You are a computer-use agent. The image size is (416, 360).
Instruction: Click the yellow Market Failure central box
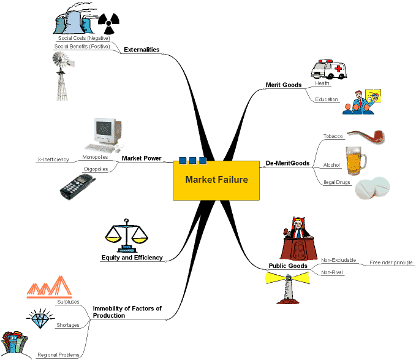tap(216, 180)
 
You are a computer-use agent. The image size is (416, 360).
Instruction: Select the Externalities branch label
tap(142, 50)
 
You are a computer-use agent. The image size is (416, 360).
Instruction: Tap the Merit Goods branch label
tap(283, 85)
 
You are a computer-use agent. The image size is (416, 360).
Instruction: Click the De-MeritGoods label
tap(287, 163)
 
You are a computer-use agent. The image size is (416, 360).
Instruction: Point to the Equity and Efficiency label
tap(132, 258)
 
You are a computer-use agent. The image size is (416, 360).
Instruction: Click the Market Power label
tap(142, 158)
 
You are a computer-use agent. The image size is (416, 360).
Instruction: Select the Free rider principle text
tap(391, 262)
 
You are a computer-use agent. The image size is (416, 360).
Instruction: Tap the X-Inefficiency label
tap(53, 159)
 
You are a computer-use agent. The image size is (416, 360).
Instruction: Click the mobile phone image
tap(78, 184)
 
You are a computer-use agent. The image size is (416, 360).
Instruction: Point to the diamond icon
tap(40, 317)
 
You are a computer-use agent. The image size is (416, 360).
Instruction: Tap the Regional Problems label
tap(58, 354)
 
